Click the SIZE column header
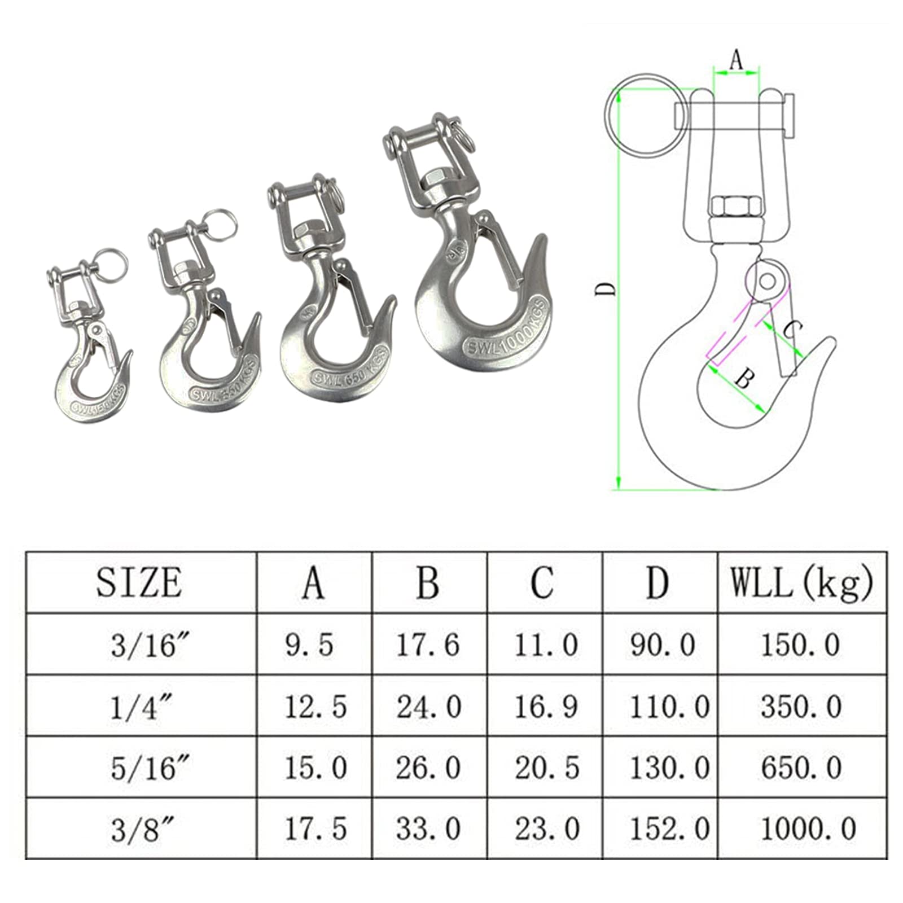click(139, 582)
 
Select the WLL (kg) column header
click(802, 582)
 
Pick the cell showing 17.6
click(428, 645)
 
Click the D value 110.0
click(669, 707)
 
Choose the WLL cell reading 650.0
click(801, 768)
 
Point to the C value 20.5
click(546, 768)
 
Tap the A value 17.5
click(315, 829)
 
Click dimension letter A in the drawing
click(736, 60)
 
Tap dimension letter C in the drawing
click(793, 329)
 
